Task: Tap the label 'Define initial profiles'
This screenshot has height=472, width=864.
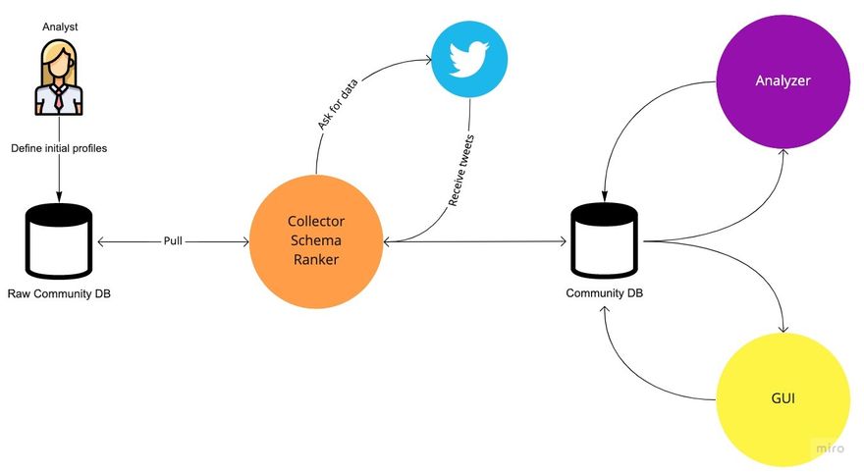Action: tap(59, 150)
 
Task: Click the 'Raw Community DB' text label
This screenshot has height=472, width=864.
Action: tap(59, 293)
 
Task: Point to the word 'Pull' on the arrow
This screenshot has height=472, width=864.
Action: tap(173, 240)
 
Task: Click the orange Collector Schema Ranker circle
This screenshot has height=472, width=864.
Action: tap(316, 240)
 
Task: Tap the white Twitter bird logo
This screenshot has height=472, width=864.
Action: tap(469, 60)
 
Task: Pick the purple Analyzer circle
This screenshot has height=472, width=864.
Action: tap(783, 80)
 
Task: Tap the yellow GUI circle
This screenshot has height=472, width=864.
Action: tap(783, 399)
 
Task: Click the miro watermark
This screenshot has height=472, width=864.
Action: tap(830, 447)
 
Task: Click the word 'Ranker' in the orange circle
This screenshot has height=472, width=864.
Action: tap(316, 260)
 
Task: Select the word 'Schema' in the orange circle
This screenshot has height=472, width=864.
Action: tap(316, 240)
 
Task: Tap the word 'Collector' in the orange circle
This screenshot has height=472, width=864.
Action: tap(316, 221)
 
